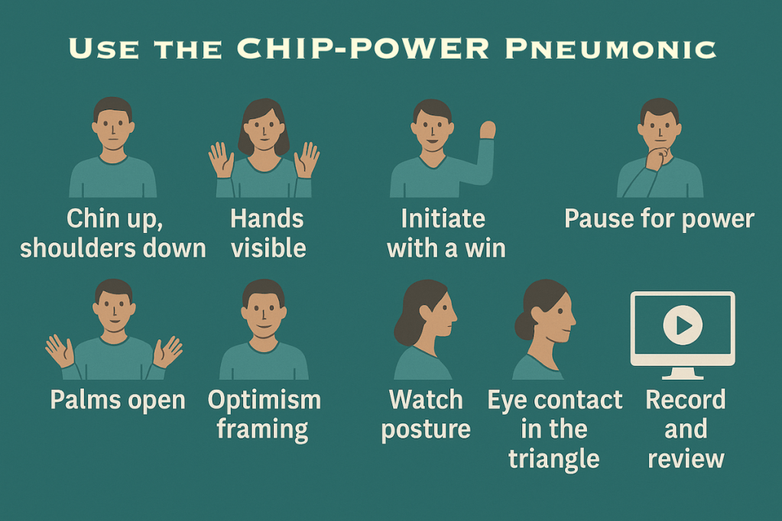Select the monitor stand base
682,376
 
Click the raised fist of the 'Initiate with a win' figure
487,130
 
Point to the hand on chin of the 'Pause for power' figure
655,158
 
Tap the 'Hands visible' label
268,233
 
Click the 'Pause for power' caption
659,219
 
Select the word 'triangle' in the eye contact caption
553,458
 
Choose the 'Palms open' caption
118,400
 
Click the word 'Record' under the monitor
685,400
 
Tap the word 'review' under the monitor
685,458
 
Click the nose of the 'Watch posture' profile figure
455,313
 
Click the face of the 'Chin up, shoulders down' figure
113,128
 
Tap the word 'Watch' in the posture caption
426,400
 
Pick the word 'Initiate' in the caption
443,219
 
